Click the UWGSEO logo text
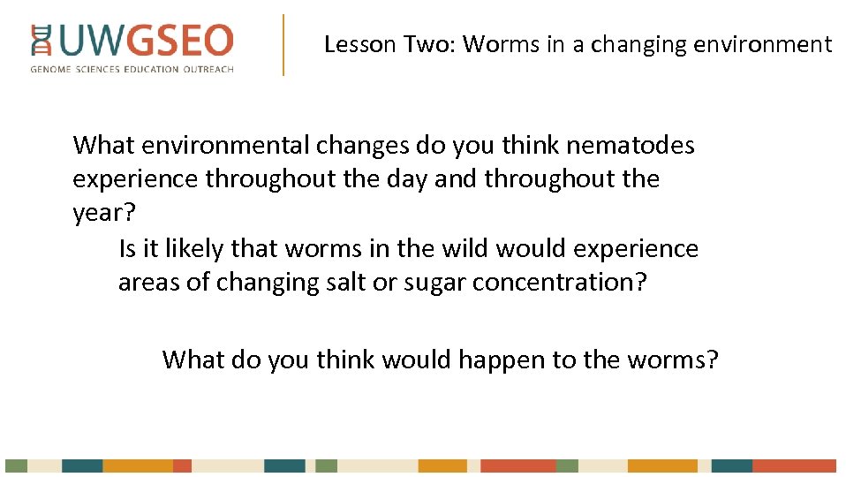coord(146,41)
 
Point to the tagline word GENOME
coord(52,69)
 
